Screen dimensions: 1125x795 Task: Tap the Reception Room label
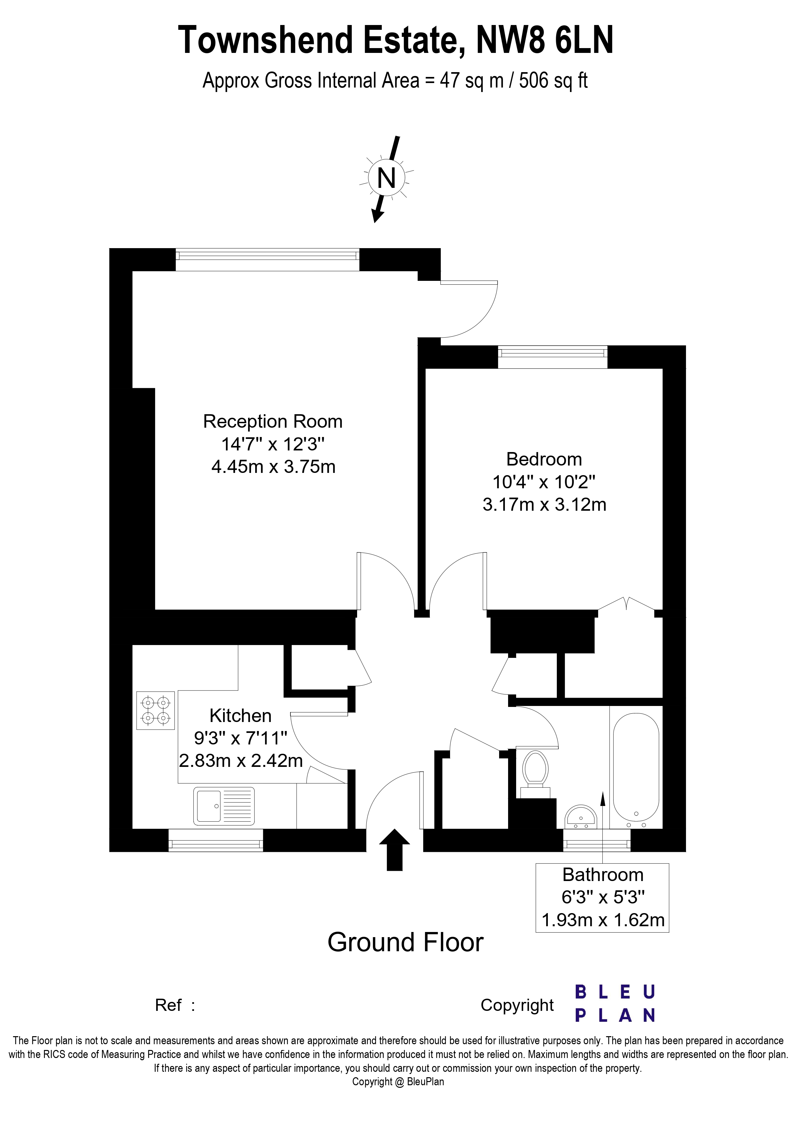[272, 421]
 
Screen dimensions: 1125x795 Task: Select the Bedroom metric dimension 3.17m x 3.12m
[544, 504]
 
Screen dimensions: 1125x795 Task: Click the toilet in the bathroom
[535, 770]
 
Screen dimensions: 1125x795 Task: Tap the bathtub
[636, 768]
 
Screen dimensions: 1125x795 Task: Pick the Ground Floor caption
[405, 942]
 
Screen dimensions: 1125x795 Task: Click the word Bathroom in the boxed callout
[602, 875]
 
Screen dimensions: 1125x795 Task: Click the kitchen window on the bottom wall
[215, 840]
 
